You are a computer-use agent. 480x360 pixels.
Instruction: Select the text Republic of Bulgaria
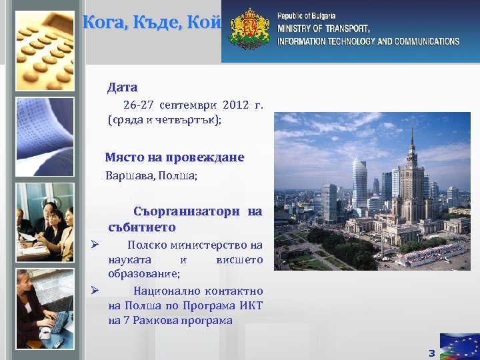pyautogui.click(x=306, y=15)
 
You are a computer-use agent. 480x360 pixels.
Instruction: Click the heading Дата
pyautogui.click(x=122, y=87)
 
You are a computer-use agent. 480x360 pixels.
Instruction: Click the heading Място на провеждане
pyautogui.click(x=175, y=158)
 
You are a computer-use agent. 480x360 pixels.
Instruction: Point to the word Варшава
pyautogui.click(x=126, y=177)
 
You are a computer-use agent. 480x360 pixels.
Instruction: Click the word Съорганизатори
pyautogui.click(x=186, y=212)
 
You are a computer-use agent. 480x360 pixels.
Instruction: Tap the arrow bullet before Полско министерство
pyautogui.click(x=95, y=245)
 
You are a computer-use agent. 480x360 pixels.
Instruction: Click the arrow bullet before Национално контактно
pyautogui.click(x=95, y=290)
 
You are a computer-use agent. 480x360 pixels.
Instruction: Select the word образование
pyautogui.click(x=143, y=274)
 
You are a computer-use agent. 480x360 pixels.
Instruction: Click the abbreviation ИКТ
pyautogui.click(x=253, y=305)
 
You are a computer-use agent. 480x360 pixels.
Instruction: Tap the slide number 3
pyautogui.click(x=431, y=353)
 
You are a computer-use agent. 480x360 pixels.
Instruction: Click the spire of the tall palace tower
pyautogui.click(x=412, y=133)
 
